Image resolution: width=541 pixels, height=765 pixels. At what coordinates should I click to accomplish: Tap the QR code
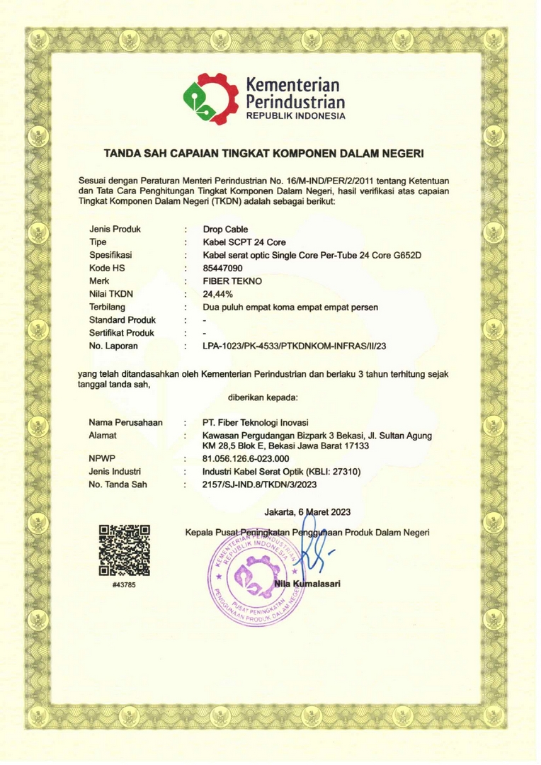pyautogui.click(x=125, y=550)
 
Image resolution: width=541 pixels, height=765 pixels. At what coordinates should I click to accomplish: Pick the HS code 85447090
pyautogui.click(x=222, y=268)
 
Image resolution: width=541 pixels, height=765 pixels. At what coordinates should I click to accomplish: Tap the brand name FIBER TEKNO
pyautogui.click(x=232, y=280)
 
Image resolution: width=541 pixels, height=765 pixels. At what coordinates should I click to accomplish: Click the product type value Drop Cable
pyautogui.click(x=225, y=229)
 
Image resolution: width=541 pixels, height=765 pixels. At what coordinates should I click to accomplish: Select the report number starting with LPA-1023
pyautogui.click(x=297, y=346)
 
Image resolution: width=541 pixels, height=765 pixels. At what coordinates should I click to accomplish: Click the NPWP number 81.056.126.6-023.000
pyautogui.click(x=245, y=458)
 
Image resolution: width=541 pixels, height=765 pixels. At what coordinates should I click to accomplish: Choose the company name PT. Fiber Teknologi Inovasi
pyautogui.click(x=261, y=422)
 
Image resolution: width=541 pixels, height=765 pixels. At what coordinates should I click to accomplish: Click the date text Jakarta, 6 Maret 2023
pyautogui.click(x=307, y=511)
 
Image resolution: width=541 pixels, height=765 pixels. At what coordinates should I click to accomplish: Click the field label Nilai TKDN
pyautogui.click(x=111, y=293)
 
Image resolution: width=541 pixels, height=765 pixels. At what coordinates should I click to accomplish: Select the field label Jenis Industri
pyautogui.click(x=115, y=471)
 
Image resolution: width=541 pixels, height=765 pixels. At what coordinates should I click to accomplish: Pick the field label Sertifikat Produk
pyautogui.click(x=122, y=332)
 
